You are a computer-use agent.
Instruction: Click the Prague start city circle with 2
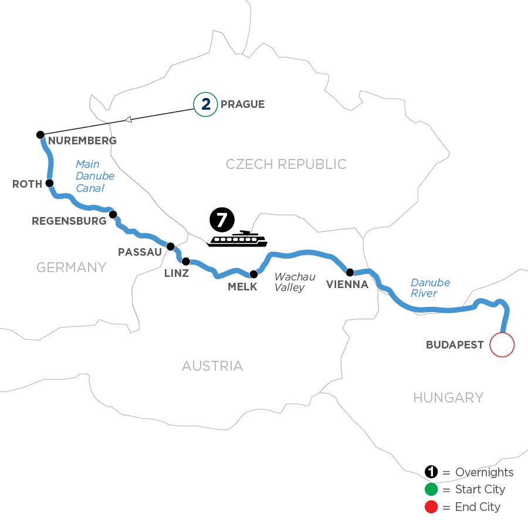pos(205,104)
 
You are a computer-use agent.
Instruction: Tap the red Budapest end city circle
pos(502,344)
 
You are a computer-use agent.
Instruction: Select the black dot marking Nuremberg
pos(40,135)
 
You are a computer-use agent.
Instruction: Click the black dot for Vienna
pos(350,272)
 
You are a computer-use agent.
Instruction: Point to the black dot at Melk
pos(254,274)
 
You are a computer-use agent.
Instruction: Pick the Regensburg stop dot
pos(113,214)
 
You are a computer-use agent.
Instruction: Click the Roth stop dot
pos(50,183)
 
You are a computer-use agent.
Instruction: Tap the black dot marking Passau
pos(171,246)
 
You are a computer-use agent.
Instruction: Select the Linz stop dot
pos(185,261)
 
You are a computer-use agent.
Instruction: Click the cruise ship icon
pos(237,239)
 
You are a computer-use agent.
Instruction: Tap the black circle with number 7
pos(222,221)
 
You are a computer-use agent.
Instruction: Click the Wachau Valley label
pos(289,282)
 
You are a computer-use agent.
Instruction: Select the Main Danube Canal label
pos(94,176)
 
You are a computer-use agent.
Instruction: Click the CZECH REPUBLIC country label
pos(286,164)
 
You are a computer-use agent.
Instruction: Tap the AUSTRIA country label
pos(212,366)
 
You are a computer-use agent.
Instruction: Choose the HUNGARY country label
pos(448,398)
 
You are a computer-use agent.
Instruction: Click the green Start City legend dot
pos(431,489)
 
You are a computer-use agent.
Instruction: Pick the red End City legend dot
pos(431,506)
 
